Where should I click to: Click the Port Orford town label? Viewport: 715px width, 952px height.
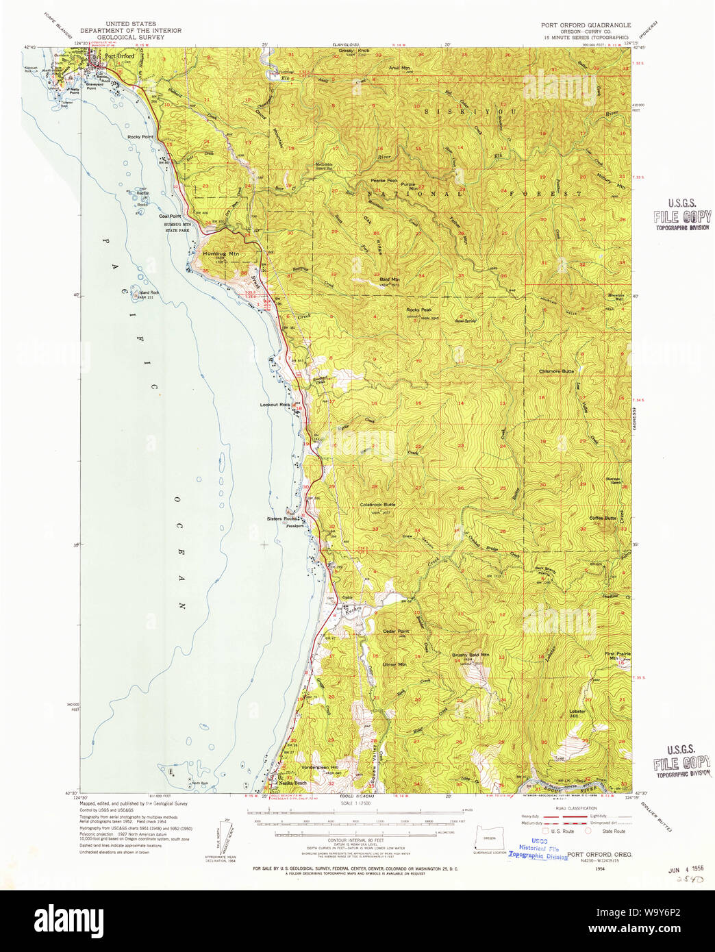120,56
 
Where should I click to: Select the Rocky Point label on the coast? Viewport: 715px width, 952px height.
140,137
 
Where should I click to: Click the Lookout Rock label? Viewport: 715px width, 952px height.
275,405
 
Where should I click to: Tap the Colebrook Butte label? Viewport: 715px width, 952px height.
377,505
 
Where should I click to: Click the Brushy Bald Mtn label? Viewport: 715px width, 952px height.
471,655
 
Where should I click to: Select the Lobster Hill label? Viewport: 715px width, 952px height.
577,713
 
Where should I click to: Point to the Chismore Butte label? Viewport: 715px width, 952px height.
556,371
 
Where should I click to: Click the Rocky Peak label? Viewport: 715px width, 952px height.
418,310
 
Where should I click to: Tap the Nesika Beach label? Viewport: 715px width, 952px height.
292,783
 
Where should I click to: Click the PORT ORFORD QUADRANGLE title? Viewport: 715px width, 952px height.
586,25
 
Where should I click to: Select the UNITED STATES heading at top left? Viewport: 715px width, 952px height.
130,24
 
